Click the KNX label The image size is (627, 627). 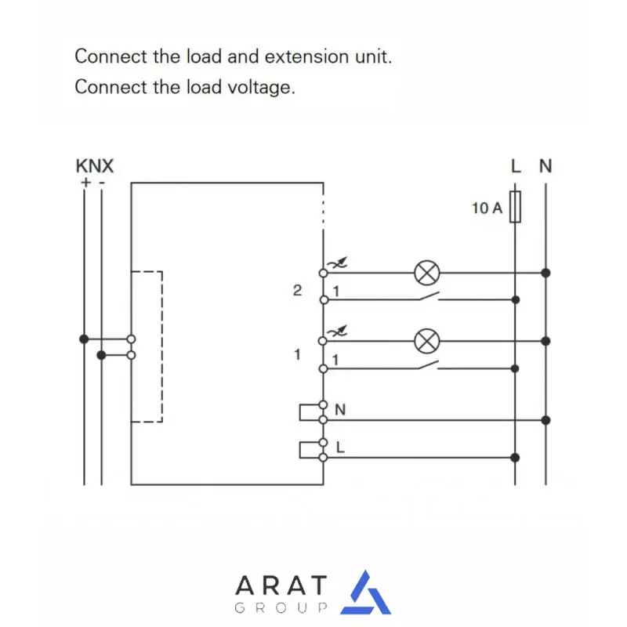[x=94, y=166]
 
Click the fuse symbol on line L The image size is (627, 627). [x=515, y=206]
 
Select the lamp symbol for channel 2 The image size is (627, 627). [x=426, y=273]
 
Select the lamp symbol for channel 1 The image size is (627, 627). [x=426, y=341]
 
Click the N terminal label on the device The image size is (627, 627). [x=340, y=410]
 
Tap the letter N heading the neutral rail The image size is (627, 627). [x=545, y=166]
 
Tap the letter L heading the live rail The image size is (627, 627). [x=515, y=166]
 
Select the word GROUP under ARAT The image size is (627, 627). [x=281, y=608]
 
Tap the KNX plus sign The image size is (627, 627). [x=84, y=182]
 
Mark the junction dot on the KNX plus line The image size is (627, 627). [x=84, y=339]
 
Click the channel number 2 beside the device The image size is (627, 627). [x=297, y=291]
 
